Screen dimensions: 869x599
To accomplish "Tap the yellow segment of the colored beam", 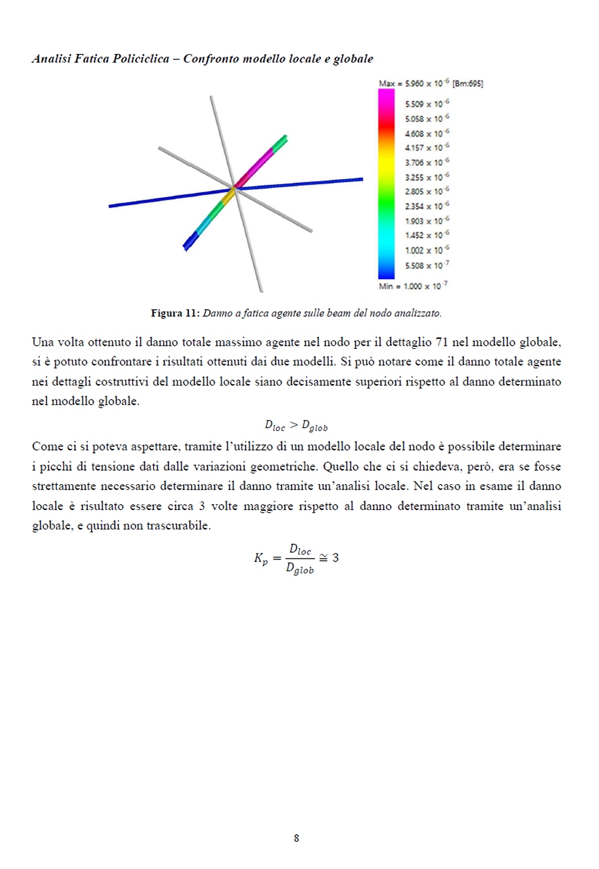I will [228, 194].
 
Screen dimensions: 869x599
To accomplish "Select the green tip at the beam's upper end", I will [283, 139].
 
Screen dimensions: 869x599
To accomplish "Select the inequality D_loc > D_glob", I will [297, 424].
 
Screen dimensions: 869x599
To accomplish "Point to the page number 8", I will [296, 838].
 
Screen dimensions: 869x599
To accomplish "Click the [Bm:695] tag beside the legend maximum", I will [469, 84].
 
